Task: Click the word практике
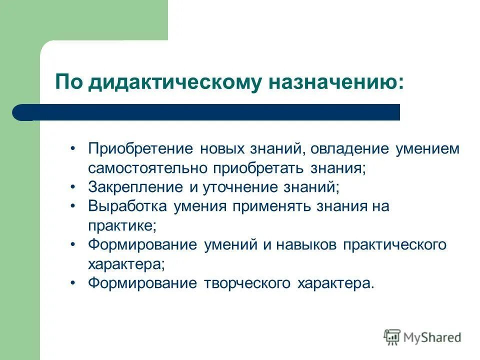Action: coord(122,225)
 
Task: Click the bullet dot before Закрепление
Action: coord(73,187)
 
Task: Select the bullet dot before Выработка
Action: coord(73,206)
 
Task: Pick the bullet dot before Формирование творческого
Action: coord(73,283)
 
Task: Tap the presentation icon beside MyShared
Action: coord(392,337)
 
